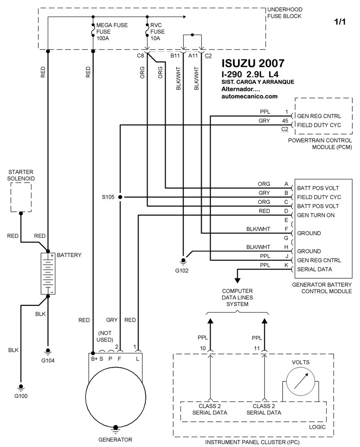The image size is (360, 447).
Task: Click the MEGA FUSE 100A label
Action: (112, 31)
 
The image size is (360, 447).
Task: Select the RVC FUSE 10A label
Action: (157, 31)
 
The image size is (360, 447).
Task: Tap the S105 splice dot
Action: (121, 197)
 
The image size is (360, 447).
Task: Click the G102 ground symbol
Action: (183, 261)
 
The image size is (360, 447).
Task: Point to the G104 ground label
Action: (48, 360)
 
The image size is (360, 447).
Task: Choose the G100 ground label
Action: (21, 396)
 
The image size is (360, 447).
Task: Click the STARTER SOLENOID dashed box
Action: (21, 197)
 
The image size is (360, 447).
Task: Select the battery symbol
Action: (48, 273)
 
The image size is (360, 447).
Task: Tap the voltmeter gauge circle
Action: (301, 381)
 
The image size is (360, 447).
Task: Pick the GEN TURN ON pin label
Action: (316, 215)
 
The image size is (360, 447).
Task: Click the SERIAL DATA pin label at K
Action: (315, 269)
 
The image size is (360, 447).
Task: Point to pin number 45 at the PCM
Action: (285, 121)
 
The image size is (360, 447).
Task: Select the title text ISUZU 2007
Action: (253, 63)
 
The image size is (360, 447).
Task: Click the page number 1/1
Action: (340, 22)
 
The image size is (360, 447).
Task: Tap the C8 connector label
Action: (140, 56)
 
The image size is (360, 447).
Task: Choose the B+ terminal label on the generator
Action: (94, 359)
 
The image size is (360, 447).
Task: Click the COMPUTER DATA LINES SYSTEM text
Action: (237, 297)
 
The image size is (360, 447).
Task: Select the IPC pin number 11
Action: (257, 349)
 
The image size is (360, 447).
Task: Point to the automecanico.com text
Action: (249, 96)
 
